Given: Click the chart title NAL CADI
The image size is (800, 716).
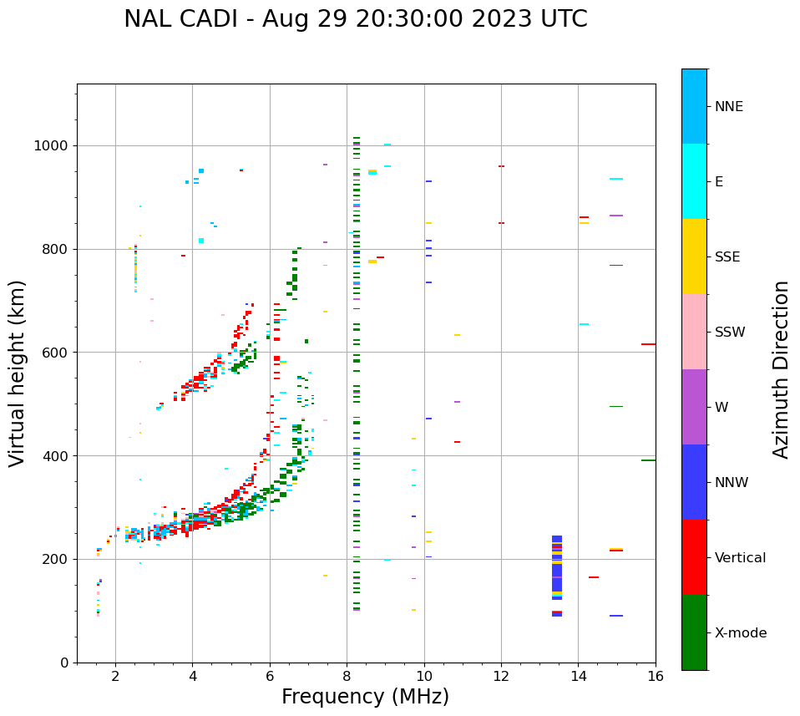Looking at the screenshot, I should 355,19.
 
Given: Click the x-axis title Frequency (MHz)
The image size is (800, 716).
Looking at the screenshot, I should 365,697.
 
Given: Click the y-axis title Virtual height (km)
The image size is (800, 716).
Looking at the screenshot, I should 18,373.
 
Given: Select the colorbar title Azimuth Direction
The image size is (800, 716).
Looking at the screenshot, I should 781,369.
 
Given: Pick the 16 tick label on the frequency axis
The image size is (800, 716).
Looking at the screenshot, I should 656,676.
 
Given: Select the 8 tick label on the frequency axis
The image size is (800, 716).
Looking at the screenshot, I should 347,676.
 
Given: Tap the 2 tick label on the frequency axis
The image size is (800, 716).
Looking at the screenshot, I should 115,676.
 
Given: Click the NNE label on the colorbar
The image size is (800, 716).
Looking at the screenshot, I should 728,107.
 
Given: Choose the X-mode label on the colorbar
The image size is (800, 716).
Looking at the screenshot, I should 740,633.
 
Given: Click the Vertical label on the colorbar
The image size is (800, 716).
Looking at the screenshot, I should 740,558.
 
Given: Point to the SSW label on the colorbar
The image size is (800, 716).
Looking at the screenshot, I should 730,333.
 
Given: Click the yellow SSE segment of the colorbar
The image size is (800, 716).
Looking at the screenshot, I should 694,256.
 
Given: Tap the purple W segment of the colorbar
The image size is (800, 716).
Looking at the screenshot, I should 694,407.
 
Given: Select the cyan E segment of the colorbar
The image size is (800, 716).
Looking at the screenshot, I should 694,181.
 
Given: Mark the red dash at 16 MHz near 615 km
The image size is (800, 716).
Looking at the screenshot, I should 648,344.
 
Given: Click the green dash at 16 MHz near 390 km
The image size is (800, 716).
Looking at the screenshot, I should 648,460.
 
